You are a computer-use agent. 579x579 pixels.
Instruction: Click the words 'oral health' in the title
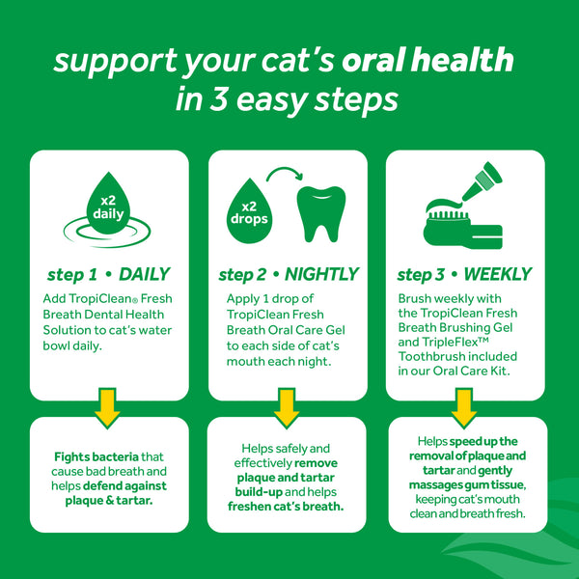442,62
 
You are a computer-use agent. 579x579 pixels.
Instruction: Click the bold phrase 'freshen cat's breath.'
288,507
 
